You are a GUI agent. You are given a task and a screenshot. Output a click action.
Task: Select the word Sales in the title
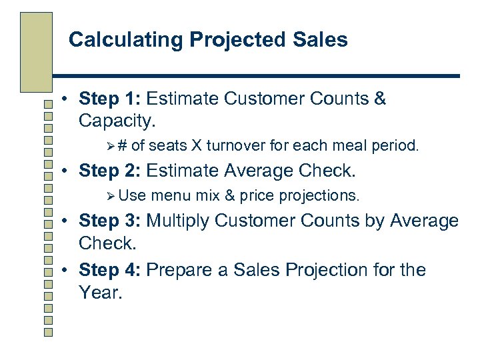point(323,40)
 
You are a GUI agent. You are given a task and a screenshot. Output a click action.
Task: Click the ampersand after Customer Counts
point(379,99)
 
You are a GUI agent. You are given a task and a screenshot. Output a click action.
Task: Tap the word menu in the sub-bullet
point(171,195)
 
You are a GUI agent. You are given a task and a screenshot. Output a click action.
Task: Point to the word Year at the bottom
point(99,292)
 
